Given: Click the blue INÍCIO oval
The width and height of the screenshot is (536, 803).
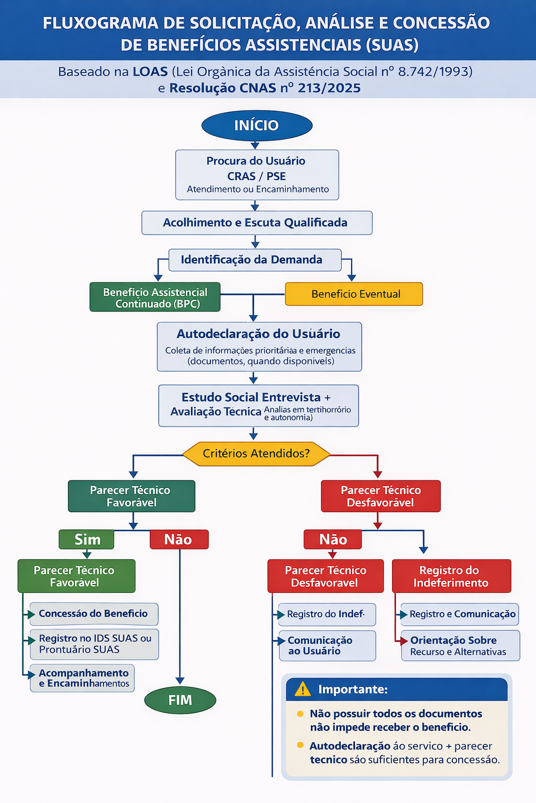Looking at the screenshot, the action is click(256, 125).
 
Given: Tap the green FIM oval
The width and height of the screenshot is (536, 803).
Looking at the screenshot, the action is click(180, 700).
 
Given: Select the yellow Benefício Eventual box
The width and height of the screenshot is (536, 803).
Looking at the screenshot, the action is click(354, 294).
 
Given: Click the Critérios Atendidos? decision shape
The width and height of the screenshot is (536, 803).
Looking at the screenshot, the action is click(256, 454).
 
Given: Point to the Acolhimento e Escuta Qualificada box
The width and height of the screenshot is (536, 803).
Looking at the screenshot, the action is click(257, 223).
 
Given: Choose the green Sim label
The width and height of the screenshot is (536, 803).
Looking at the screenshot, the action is click(86, 539).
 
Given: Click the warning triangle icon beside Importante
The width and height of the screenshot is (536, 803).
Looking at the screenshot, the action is click(303, 689).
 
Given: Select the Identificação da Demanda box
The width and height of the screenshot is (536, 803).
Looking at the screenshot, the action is click(255, 260).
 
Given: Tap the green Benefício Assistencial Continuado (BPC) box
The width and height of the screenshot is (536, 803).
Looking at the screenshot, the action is click(155, 297).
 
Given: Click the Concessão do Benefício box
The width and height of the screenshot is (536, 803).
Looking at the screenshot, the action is click(94, 614).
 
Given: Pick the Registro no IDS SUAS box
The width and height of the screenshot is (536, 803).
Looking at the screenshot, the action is click(94, 644).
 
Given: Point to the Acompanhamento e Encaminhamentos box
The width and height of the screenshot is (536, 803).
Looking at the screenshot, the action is click(82, 678).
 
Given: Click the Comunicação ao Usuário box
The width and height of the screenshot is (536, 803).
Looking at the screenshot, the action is click(328, 646).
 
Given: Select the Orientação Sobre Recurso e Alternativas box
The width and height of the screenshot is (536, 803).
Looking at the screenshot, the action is click(461, 646).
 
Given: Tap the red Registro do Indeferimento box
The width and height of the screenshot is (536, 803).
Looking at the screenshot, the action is click(452, 576).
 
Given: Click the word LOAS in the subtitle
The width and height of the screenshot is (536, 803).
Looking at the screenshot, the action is click(150, 72).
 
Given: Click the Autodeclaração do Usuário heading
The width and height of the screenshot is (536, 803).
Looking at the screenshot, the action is click(259, 334).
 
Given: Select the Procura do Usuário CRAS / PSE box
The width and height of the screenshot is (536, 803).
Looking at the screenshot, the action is click(257, 175).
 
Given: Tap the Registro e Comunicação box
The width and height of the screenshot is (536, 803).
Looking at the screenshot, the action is click(460, 614).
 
